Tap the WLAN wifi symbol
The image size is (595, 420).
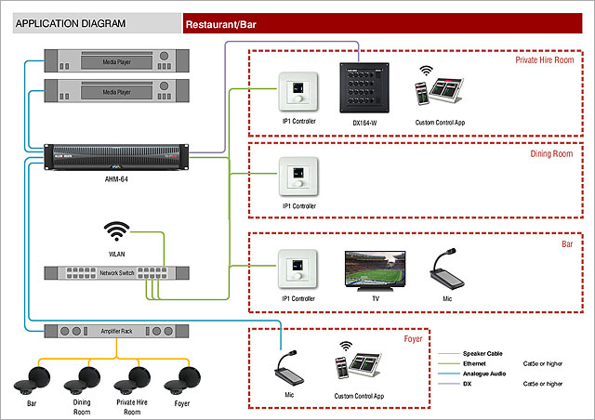pyautogui.click(x=117, y=230)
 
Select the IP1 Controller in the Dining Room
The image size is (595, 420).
pyautogui.click(x=298, y=176)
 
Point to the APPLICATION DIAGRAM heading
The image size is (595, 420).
pyautogui.click(x=72, y=22)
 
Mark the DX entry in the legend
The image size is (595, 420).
pyautogui.click(x=468, y=383)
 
